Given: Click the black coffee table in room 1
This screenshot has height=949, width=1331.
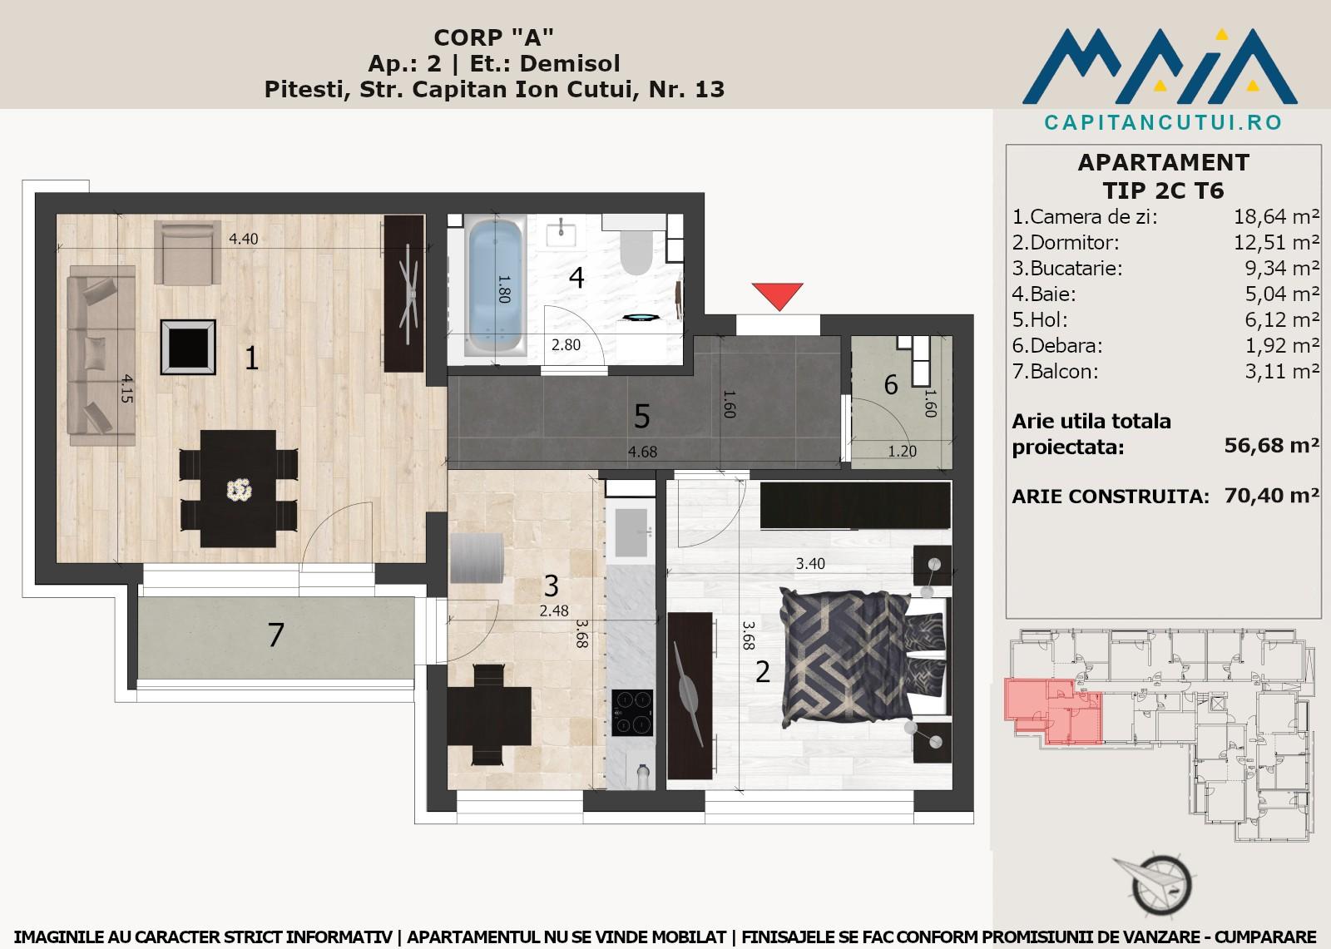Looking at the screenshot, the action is (188, 347).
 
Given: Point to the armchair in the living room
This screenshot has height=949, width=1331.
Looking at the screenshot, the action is (187, 252).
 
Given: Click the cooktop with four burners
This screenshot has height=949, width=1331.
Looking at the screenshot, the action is (632, 713).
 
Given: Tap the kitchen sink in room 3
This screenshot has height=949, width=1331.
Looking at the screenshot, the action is (631, 531).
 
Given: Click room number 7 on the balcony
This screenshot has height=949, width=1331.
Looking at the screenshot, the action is (275, 635).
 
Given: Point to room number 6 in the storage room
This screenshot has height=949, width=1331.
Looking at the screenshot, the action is (891, 384).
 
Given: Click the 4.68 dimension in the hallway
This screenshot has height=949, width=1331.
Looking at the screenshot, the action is (642, 452).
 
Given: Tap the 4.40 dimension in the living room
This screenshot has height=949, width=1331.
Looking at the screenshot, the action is (244, 239).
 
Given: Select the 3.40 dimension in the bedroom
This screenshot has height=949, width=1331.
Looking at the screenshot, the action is (810, 563).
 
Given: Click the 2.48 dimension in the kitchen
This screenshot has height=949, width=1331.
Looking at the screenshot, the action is (554, 610).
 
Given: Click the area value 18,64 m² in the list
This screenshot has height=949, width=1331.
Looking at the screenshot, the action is (1276, 217).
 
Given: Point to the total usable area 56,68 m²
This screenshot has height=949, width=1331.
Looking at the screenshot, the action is (1272, 445).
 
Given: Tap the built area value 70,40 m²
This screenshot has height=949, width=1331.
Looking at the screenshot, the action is (1272, 495).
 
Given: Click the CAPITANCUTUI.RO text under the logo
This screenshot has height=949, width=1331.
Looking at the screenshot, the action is (1163, 122).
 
